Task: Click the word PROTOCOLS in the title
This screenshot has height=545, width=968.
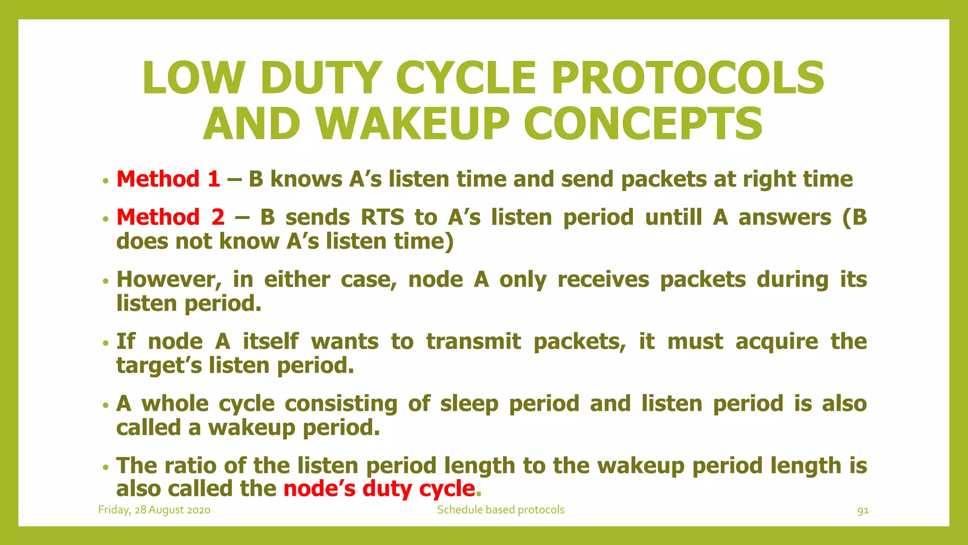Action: [x=688, y=78]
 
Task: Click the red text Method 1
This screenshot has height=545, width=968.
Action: [x=168, y=179]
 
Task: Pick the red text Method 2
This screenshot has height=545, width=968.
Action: [x=170, y=218]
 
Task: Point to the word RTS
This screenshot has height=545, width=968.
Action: [x=382, y=218]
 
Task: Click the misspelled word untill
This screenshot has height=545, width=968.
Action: [x=674, y=218]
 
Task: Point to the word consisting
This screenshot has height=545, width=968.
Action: [x=341, y=404]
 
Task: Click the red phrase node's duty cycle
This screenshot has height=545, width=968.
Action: [x=379, y=489]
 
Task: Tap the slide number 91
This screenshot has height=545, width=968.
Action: [x=863, y=510]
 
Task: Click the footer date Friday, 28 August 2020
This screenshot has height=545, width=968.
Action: [x=154, y=510]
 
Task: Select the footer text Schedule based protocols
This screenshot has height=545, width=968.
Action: [x=501, y=510]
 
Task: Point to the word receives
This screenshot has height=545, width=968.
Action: [x=603, y=280]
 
